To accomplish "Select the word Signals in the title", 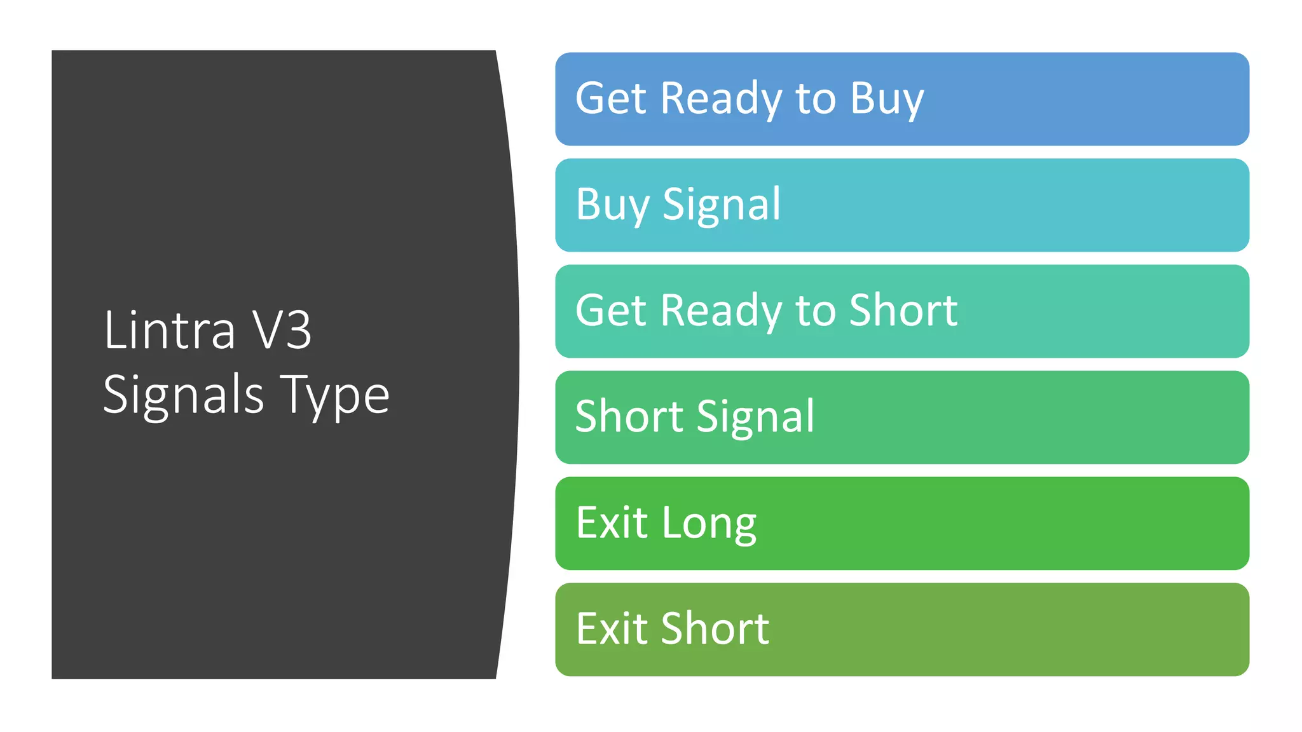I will [183, 395].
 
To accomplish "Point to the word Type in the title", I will [334, 395].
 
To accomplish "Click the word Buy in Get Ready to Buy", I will [887, 99].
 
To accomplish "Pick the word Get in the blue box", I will [610, 99].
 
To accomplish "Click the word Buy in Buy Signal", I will [612, 205].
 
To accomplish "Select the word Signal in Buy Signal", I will [722, 205].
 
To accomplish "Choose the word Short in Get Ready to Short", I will [903, 311].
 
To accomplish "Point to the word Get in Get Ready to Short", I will [610, 311].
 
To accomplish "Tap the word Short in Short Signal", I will [629, 417].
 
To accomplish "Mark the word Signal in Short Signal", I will [756, 417].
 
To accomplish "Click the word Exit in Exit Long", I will [612, 523].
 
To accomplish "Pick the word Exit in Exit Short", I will [612, 629].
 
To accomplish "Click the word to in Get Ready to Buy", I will [816, 99].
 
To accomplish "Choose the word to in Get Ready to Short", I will [816, 311].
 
